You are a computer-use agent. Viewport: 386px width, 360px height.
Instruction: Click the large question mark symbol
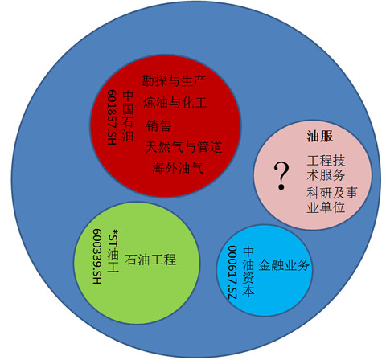pyautogui.click(x=281, y=176)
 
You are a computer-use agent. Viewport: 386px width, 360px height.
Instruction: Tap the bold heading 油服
pyautogui.click(x=320, y=136)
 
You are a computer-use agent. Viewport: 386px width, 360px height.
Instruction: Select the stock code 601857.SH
pyautogui.click(x=112, y=117)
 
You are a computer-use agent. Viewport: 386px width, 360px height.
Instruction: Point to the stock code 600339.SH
pyautogui.click(x=97, y=256)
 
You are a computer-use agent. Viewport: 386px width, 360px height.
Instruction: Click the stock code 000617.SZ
pyautogui.click(x=232, y=272)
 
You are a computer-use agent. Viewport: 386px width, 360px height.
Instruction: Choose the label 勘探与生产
pyautogui.click(x=174, y=80)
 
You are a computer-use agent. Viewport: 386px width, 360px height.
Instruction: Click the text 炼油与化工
pyautogui.click(x=175, y=103)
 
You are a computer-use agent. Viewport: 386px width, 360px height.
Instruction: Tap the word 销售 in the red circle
pyautogui.click(x=158, y=125)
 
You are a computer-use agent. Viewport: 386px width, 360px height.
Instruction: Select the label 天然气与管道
pyautogui.click(x=183, y=147)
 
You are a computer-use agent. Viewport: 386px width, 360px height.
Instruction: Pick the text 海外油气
pyautogui.click(x=178, y=168)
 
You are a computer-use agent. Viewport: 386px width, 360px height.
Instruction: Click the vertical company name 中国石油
pyautogui.click(x=128, y=116)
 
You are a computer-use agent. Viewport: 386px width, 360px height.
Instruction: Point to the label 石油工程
pyautogui.click(x=150, y=260)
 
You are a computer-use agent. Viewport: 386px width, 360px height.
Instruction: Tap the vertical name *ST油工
pyautogui.click(x=113, y=251)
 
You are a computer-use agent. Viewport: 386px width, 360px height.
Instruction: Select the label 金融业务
pyautogui.click(x=284, y=265)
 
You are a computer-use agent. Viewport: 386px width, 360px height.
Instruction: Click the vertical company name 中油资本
pyautogui.click(x=248, y=272)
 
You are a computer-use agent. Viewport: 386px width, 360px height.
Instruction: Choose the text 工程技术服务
pyautogui.click(x=326, y=168)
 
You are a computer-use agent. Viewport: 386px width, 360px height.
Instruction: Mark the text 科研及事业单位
pyautogui.click(x=332, y=200)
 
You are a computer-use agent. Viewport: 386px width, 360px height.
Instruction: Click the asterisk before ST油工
pyautogui.click(x=116, y=231)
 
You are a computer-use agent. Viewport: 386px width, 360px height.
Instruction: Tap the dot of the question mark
pyautogui.click(x=281, y=187)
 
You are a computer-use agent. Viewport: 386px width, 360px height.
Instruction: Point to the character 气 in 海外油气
pyautogui.click(x=197, y=168)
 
